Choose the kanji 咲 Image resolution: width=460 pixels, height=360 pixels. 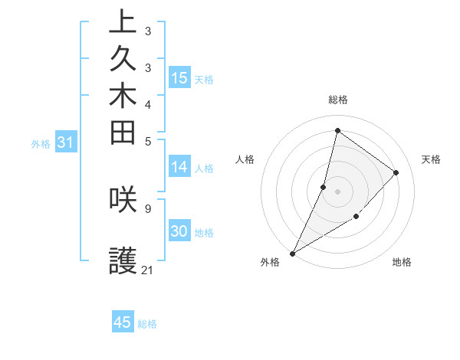123,198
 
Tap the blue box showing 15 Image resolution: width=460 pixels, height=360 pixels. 179,77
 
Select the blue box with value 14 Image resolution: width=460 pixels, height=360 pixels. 179,168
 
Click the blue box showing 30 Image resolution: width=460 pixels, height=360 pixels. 179,232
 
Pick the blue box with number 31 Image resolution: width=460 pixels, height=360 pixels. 65,142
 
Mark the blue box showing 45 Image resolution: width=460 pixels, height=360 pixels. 123,322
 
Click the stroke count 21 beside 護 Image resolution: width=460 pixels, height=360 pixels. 148,270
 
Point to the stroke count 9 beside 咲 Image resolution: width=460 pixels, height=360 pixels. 147,207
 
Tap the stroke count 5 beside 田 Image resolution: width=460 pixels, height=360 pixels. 147,141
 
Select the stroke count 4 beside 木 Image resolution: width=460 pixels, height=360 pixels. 147,103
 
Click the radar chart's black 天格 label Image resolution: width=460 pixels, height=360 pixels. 431,159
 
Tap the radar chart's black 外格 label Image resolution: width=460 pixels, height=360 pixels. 270,263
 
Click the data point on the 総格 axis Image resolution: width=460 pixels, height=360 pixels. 337,130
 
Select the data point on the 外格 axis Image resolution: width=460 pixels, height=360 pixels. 293,253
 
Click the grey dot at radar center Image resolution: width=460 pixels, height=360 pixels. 337,191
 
